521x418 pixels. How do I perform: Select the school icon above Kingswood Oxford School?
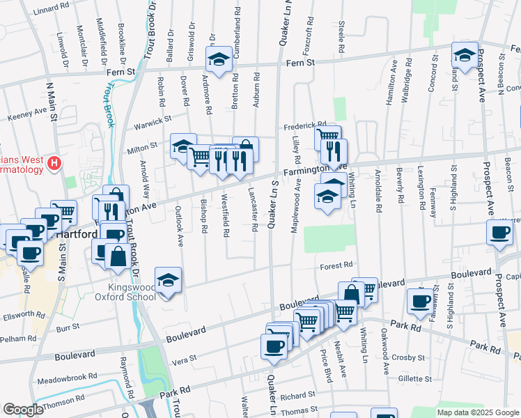(168, 280)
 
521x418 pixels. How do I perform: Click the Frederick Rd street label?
(304, 126)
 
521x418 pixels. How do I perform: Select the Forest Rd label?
(337, 265)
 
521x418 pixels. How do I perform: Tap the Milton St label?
(141, 148)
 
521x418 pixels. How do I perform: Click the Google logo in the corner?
(23, 410)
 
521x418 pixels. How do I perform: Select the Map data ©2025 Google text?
(477, 412)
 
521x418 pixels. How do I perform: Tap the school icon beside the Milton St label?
(182, 146)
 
